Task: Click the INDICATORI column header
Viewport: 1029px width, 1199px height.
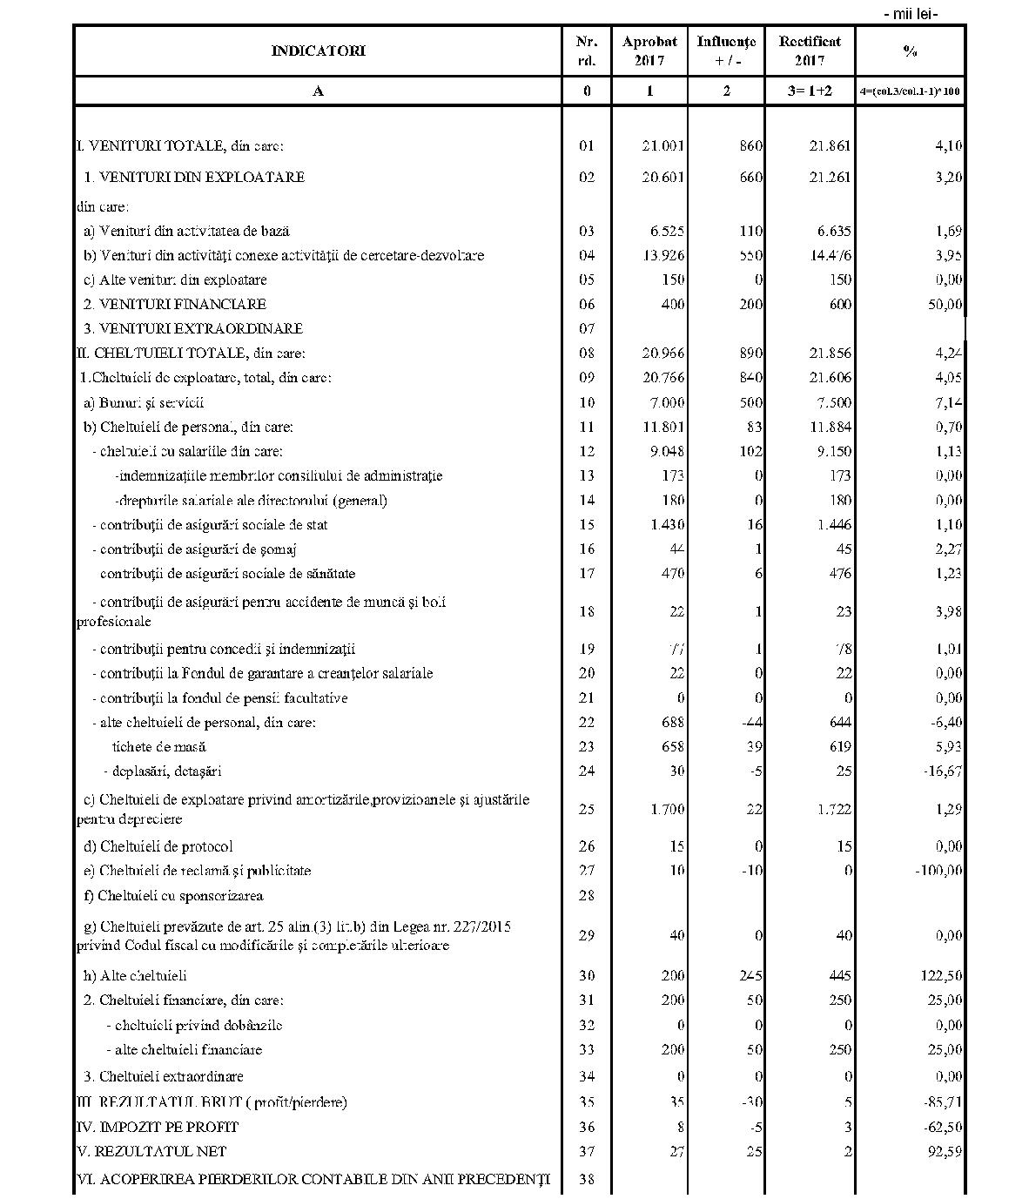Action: click(318, 51)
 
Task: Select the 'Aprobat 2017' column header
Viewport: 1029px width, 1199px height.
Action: click(649, 51)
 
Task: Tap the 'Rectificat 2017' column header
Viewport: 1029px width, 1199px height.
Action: click(810, 51)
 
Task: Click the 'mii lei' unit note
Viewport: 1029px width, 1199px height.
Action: click(911, 13)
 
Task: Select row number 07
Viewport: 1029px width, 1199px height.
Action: click(587, 328)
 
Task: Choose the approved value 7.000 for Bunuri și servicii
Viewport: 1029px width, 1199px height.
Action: click(667, 402)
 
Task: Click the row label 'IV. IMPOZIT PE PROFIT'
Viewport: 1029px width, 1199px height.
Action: click(158, 1127)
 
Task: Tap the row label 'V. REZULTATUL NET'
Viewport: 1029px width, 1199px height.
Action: click(151, 1151)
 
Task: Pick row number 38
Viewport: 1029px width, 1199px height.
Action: click(587, 1180)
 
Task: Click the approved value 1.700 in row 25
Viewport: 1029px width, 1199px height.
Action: click(667, 809)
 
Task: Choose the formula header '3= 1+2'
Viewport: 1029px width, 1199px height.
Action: click(810, 91)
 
